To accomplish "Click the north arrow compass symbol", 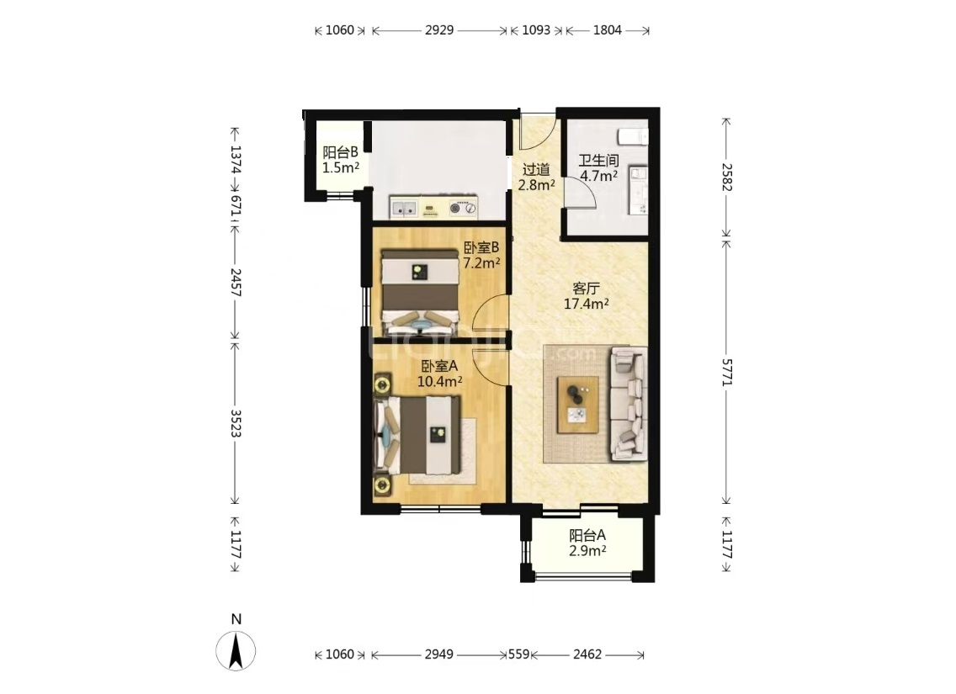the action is (236, 651).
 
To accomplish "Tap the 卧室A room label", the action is (439, 366).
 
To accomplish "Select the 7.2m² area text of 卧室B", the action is (481, 263).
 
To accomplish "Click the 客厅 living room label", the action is (586, 289).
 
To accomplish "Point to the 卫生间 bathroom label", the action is (598, 161).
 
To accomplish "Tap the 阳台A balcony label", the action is (587, 536).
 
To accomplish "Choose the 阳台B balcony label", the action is (340, 152).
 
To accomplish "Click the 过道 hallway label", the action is (537, 170).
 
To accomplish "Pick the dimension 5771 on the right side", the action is (727, 372).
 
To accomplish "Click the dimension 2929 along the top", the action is (439, 29).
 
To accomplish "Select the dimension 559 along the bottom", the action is (519, 654).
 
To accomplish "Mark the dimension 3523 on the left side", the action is (236, 423).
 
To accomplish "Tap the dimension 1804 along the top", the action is (608, 29).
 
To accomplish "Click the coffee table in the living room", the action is (576, 405).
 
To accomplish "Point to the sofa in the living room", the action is (629, 403).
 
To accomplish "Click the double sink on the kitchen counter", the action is (404, 208).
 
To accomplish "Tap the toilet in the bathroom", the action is (633, 136).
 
